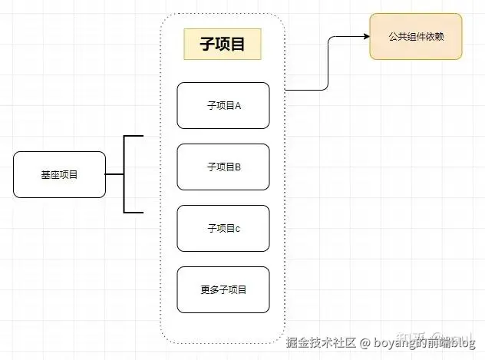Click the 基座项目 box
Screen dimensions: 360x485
click(59, 175)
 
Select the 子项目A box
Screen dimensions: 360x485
click(223, 105)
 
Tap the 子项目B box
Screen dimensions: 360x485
click(223, 167)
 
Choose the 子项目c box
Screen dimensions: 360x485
click(223, 228)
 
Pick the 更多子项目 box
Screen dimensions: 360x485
click(223, 289)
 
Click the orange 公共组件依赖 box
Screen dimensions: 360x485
click(416, 36)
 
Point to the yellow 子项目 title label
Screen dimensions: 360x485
click(223, 45)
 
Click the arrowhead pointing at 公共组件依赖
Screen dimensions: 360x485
click(365, 36)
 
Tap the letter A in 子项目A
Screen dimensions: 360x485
click(238, 105)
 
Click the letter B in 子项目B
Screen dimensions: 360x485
click(238, 167)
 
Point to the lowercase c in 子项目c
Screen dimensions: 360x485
click(238, 228)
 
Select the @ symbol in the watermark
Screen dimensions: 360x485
click(365, 342)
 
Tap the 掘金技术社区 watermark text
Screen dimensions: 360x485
click(322, 342)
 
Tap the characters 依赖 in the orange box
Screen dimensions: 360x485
click(435, 36)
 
